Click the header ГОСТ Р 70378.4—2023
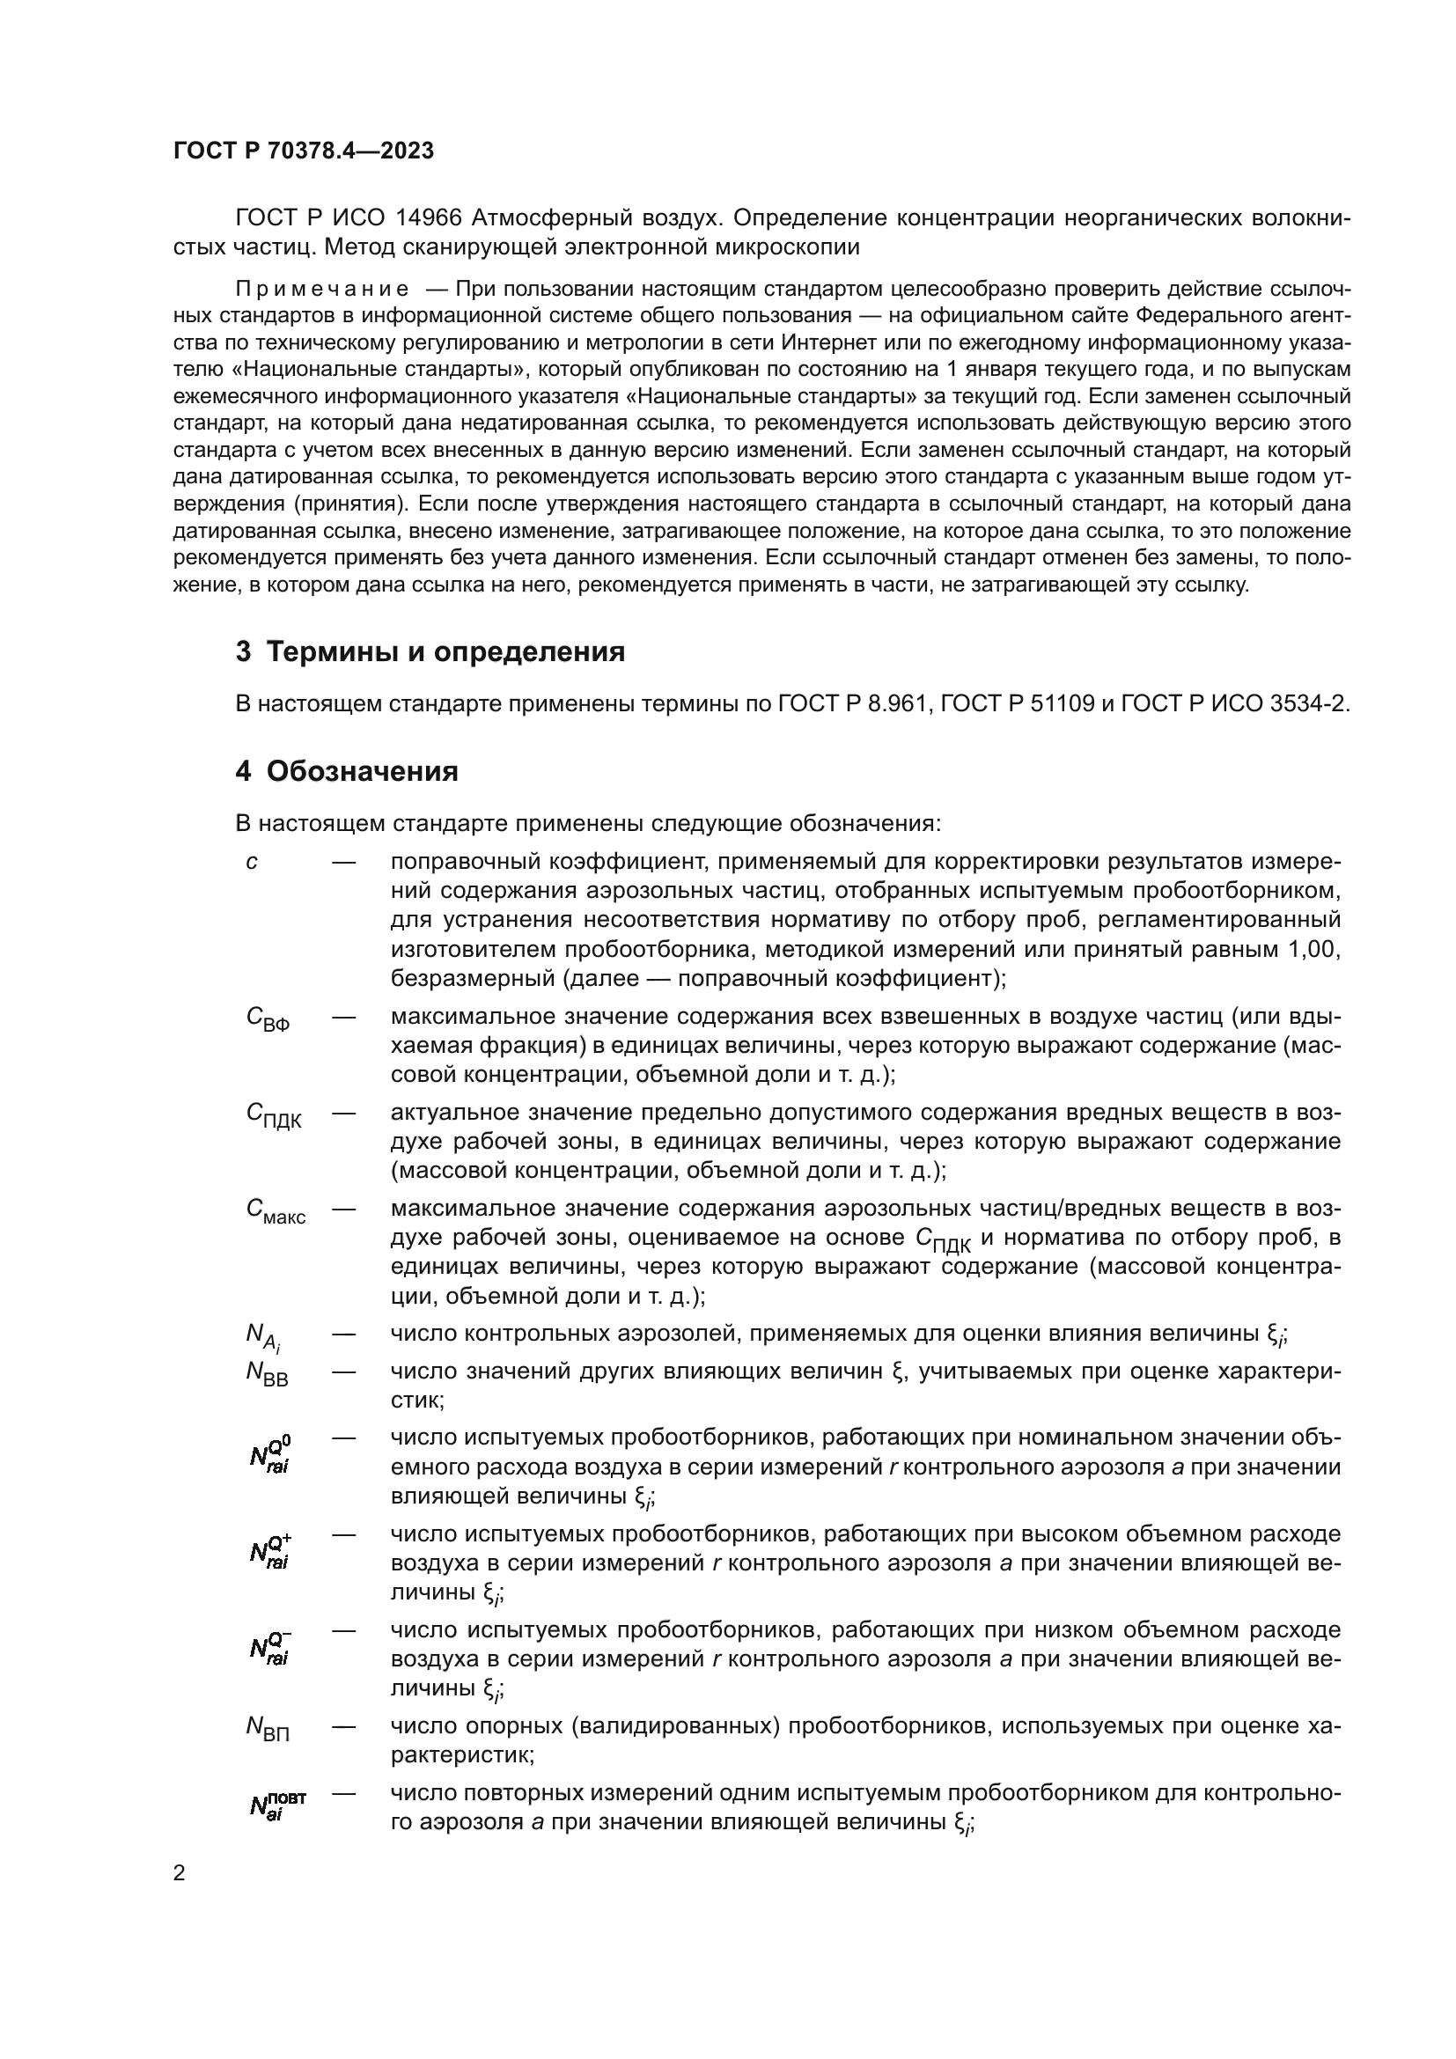pyautogui.click(x=303, y=151)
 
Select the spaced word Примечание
pyautogui.click(x=322, y=289)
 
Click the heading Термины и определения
pyautogui.click(x=430, y=651)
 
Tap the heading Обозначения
pyautogui.click(x=347, y=771)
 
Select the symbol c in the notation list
pyautogui.click(x=252, y=863)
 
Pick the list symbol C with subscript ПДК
pyautogui.click(x=273, y=1114)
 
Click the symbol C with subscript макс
pyautogui.click(x=275, y=1210)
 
